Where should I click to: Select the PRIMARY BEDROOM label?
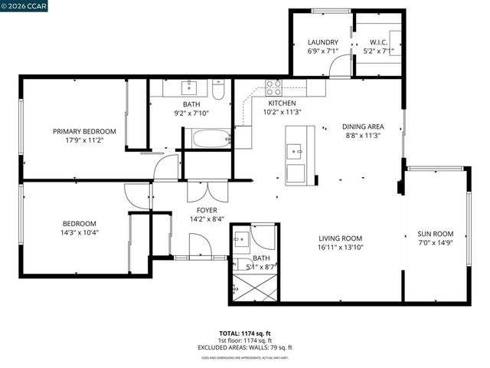coord(84,131)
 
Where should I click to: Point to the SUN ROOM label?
coord(435,234)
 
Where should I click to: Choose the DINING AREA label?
coord(362,127)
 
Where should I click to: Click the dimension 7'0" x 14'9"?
coord(435,243)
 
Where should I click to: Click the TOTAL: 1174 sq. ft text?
coord(245,333)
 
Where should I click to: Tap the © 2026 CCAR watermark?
coord(25,6)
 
